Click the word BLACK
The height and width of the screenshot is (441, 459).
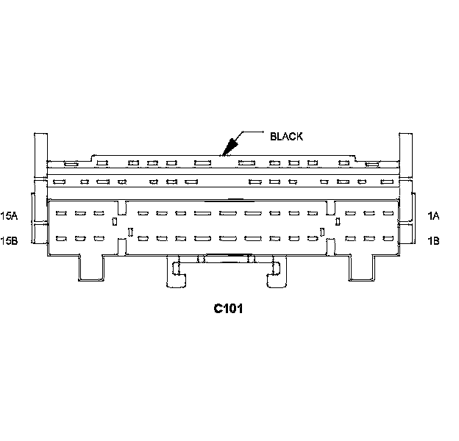(x=286, y=136)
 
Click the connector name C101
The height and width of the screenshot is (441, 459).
(x=229, y=308)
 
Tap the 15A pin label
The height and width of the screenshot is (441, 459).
(x=10, y=215)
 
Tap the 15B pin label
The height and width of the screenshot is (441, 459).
(x=10, y=240)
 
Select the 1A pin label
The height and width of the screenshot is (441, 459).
(x=433, y=215)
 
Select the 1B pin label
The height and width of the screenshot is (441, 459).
(x=433, y=240)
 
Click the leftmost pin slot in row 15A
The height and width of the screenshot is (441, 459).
(x=61, y=213)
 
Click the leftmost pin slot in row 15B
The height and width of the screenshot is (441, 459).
(x=61, y=238)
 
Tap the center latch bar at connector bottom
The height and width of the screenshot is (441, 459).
(x=226, y=257)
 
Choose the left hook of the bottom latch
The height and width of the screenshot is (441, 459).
(x=176, y=273)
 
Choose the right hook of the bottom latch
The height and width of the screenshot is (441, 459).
(x=277, y=273)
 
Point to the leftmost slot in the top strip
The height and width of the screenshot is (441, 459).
(x=69, y=163)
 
